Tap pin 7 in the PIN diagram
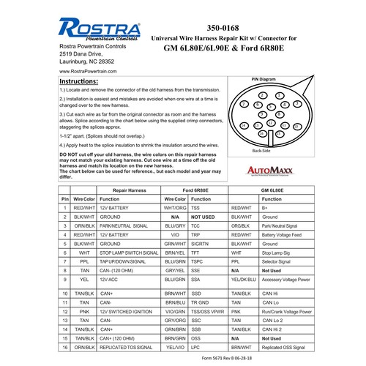click(x=244, y=105)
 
